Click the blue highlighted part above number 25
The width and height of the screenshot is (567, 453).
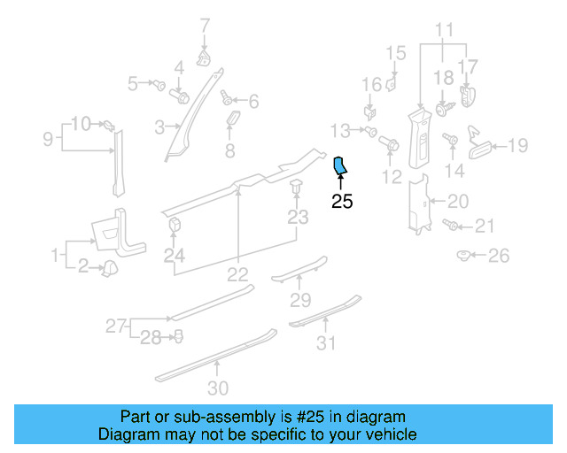pyautogui.click(x=340, y=166)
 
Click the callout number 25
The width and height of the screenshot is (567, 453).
pyautogui.click(x=342, y=202)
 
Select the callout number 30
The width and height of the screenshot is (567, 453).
pyautogui.click(x=218, y=387)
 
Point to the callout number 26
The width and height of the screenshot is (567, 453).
pyautogui.click(x=500, y=257)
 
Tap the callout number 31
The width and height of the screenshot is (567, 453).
pyautogui.click(x=328, y=343)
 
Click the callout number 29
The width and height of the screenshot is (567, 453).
pyautogui.click(x=301, y=300)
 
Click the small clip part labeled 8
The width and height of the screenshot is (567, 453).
pyautogui.click(x=231, y=119)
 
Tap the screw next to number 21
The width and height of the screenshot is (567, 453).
pyautogui.click(x=452, y=226)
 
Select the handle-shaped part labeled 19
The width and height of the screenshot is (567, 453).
pyautogui.click(x=478, y=143)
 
